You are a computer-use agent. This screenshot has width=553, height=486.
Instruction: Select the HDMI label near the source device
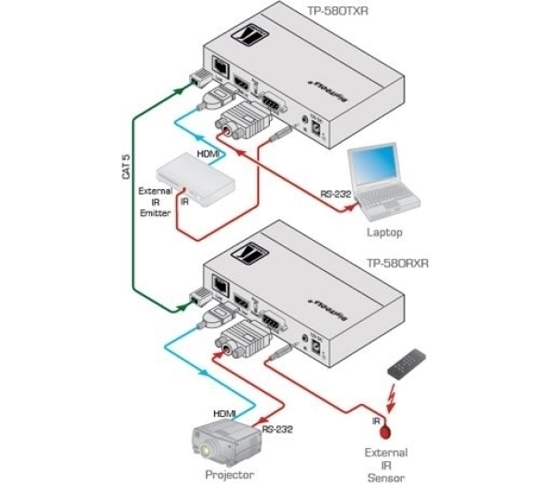tap(207, 155)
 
